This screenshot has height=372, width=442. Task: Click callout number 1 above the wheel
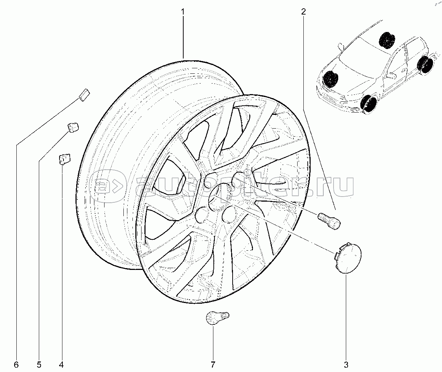(x=183, y=12)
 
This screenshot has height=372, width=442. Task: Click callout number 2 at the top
(x=303, y=12)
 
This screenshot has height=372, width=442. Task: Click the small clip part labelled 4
(x=64, y=158)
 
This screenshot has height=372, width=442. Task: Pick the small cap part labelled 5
(x=73, y=127)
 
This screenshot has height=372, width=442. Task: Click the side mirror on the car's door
(x=392, y=76)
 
